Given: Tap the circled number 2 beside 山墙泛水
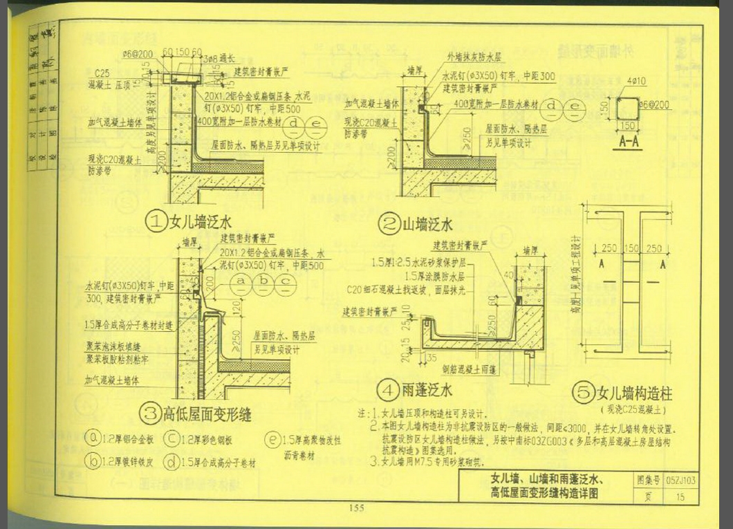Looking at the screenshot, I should (389, 224).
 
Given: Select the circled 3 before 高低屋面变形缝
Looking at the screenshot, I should (150, 414).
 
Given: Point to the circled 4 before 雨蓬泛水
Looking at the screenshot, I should (388, 391).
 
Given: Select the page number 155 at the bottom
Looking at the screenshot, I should (357, 509).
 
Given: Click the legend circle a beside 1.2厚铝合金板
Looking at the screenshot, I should (93, 438).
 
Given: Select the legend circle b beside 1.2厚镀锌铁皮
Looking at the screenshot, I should (93, 461).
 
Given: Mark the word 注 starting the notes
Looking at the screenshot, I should (363, 413).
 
